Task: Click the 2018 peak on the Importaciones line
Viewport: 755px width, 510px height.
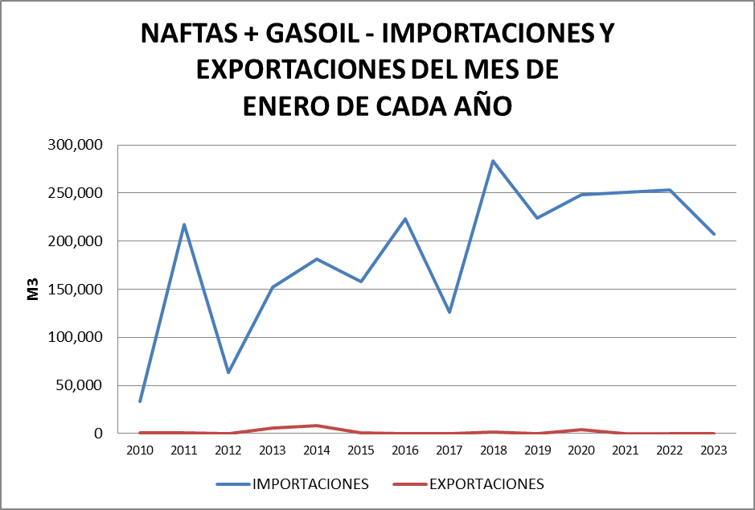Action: (493, 161)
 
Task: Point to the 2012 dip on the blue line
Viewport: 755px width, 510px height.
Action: (228, 372)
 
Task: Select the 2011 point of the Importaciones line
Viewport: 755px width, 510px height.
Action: (184, 224)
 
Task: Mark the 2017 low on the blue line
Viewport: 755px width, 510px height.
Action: (449, 312)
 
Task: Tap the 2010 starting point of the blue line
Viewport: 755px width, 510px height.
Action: (140, 401)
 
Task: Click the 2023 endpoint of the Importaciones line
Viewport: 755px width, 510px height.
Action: (714, 234)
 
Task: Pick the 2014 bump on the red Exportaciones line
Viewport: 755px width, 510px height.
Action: (317, 426)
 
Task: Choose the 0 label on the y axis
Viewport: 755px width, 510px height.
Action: (98, 434)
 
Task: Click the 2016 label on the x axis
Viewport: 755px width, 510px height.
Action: (404, 451)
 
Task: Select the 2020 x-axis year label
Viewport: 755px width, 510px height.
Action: (581, 451)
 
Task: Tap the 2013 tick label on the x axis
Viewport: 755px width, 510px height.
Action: (273, 451)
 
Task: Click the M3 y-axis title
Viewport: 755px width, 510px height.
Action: (33, 290)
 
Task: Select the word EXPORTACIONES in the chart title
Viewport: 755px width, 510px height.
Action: (302, 70)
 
